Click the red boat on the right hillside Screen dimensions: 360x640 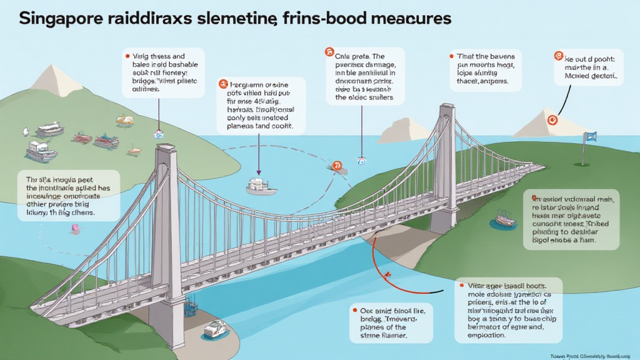click(504, 218)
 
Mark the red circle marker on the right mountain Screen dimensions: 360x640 click(552, 119)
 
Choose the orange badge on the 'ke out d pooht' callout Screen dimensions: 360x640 click(558, 56)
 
